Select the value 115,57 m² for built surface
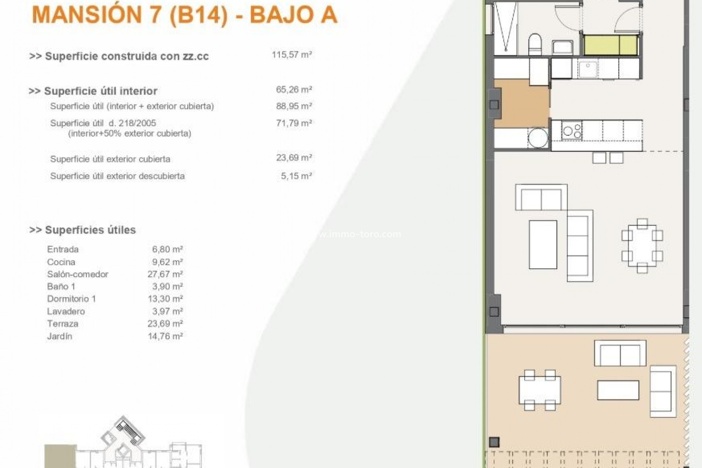coord(291,55)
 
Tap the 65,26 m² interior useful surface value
coord(294,90)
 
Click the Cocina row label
coord(61,262)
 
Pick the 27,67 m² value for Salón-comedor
coord(165,274)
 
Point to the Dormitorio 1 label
coord(71,299)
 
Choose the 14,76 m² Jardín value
coord(165,336)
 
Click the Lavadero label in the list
coord(66,311)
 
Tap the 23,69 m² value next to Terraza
coord(165,324)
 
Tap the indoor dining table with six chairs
coord(642,246)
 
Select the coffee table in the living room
coord(543,244)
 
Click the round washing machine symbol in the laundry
coord(538,138)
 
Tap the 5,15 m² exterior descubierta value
coord(296,176)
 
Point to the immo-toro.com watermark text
coord(360,234)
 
